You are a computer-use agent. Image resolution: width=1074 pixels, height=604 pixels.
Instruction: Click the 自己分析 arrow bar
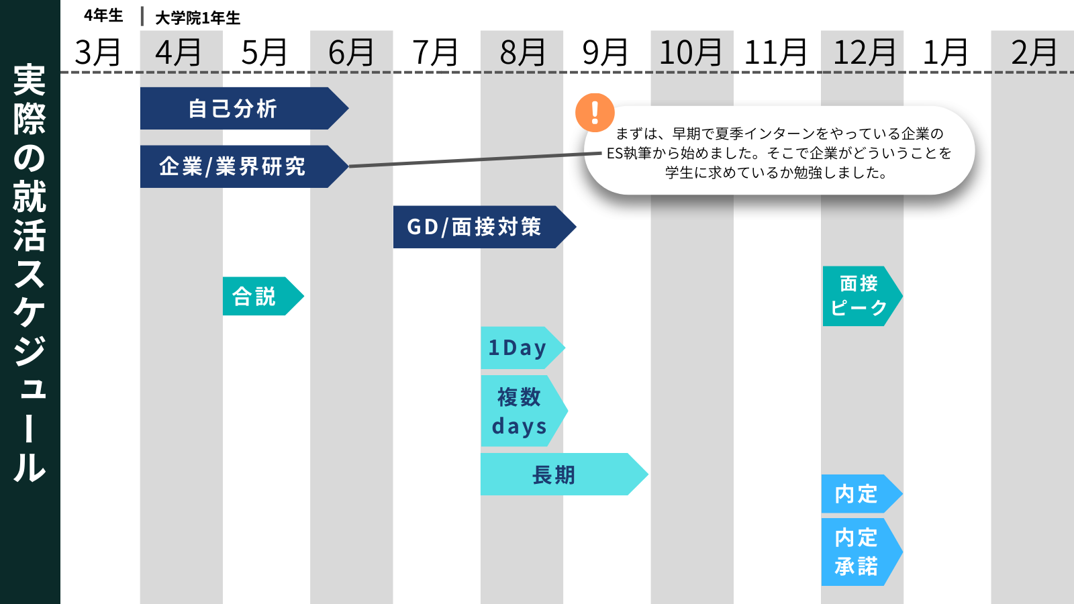click(235, 108)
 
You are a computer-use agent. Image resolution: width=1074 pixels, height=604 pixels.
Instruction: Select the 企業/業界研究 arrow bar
click(235, 166)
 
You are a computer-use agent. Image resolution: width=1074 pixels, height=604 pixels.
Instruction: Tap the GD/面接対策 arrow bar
click(477, 227)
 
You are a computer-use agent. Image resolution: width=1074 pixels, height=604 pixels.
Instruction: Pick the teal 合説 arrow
click(258, 296)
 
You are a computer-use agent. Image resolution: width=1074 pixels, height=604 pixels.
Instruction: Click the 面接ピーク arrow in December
click(859, 296)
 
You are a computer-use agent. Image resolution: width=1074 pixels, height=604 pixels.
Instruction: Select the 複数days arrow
click(520, 411)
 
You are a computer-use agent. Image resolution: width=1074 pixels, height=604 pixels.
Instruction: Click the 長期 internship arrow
click(557, 474)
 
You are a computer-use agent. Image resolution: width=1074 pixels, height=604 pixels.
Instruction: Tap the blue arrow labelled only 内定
click(857, 494)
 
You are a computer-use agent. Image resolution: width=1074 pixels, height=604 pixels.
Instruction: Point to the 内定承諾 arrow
click(857, 552)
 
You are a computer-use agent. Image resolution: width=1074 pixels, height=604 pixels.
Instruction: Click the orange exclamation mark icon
click(595, 112)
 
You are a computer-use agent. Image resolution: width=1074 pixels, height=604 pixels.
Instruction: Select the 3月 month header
click(98, 52)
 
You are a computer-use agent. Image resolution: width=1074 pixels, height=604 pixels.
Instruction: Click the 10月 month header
click(691, 52)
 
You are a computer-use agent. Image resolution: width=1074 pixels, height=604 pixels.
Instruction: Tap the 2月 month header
click(1034, 52)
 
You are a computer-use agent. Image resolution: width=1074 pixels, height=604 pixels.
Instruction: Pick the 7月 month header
click(435, 52)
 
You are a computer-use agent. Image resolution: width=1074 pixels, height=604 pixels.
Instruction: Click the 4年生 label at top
click(103, 15)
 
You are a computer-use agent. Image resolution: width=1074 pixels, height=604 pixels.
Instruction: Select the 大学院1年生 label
click(197, 17)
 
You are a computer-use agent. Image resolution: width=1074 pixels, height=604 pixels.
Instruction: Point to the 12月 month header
click(864, 52)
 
